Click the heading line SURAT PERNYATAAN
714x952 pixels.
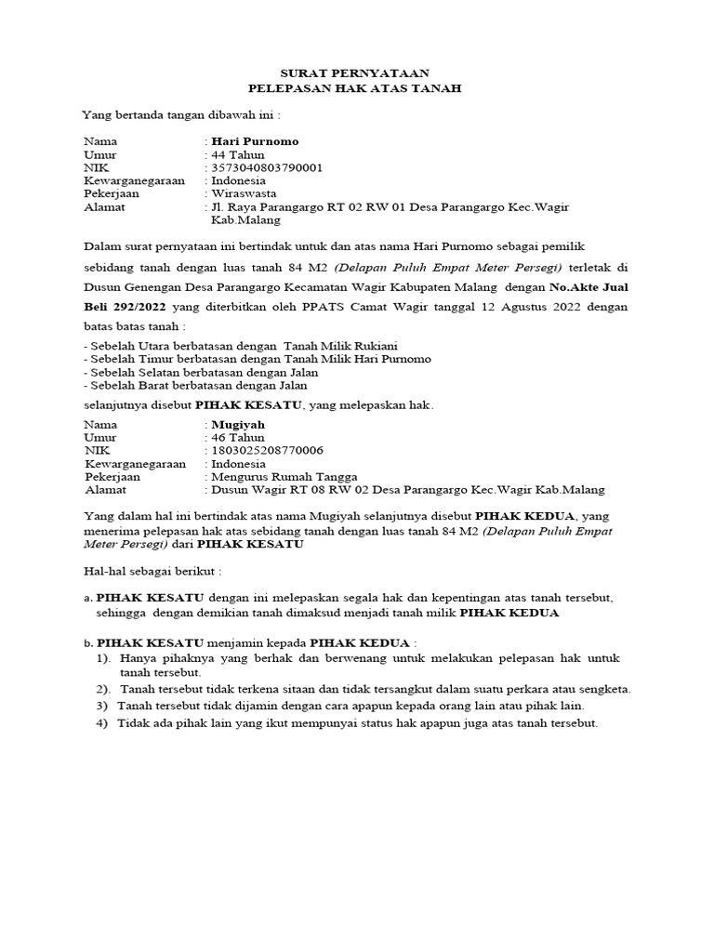tap(356, 73)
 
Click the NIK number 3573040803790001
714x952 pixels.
tap(268, 167)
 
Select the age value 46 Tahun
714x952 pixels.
tap(238, 437)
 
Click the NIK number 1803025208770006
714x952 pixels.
tap(268, 450)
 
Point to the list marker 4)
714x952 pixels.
tap(102, 723)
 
